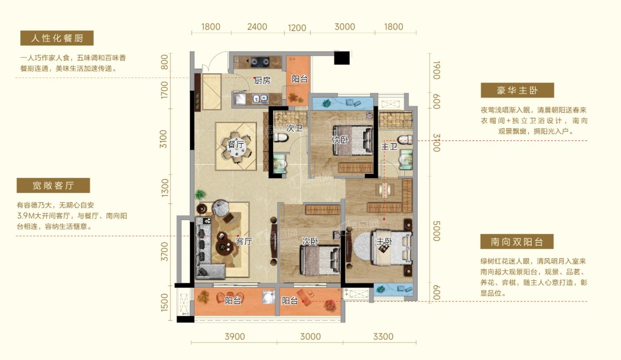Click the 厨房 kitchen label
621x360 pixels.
coord(262,81)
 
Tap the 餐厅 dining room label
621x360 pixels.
coord(236,144)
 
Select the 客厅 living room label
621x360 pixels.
coord(244,241)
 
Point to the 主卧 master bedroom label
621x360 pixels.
coord(384,241)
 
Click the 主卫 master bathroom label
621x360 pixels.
coord(389,146)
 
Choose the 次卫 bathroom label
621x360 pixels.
coord(295,128)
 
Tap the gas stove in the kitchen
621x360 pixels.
coord(260,62)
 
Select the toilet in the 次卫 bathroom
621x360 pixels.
coord(280,138)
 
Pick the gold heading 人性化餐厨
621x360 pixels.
coord(57,38)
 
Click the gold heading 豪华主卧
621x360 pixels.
coord(517,90)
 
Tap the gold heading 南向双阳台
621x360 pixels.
coord(517,242)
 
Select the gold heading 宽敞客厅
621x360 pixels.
coord(53,185)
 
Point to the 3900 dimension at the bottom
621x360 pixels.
coord(235,336)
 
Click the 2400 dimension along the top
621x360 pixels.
coord(257,27)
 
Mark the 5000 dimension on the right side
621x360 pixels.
coord(436,231)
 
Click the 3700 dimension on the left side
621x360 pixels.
coord(164,251)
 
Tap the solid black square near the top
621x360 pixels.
coord(341,58)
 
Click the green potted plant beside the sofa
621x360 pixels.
coord(200,194)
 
